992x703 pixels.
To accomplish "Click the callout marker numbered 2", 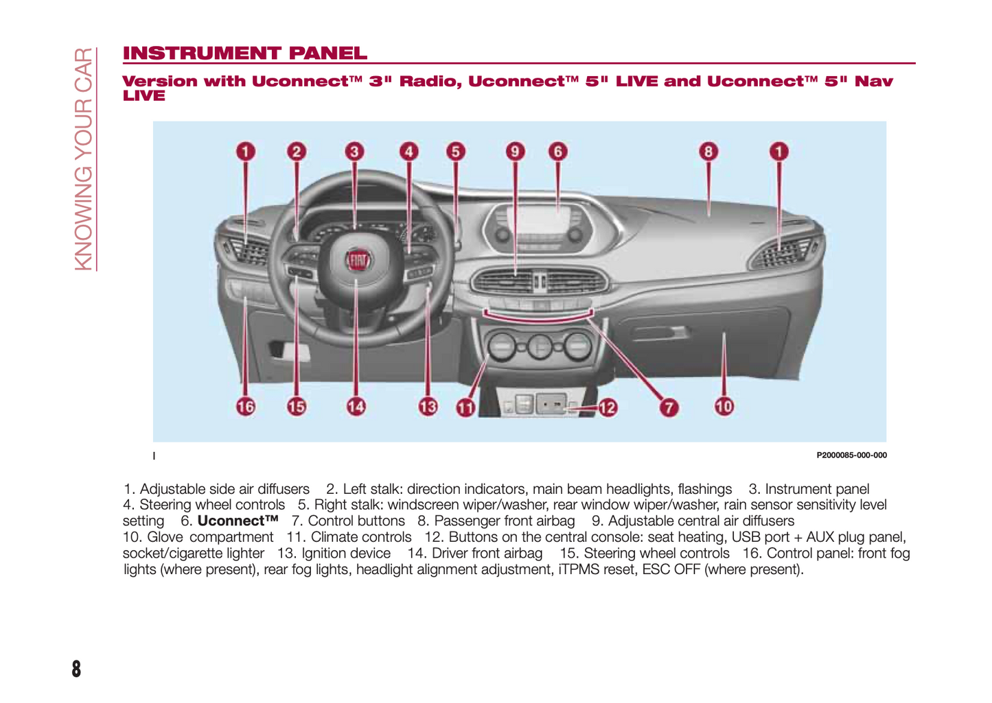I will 296,152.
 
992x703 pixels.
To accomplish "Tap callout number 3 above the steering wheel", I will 354,152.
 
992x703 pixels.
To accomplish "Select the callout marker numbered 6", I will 557,152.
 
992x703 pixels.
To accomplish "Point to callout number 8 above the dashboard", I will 708,152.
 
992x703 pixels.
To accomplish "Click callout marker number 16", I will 245,407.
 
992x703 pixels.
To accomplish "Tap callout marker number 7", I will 669,407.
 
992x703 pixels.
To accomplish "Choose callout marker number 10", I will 724,407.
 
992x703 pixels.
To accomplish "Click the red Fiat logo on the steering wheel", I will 357,261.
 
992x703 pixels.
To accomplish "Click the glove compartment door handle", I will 659,333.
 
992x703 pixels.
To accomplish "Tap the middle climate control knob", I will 540,347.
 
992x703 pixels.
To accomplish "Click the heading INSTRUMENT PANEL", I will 245,53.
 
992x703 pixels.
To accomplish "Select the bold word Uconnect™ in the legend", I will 238,521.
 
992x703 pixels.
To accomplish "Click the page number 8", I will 76,669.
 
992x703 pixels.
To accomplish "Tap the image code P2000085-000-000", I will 851,455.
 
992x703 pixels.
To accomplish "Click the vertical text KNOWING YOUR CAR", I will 83,159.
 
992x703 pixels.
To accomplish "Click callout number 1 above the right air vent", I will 778,152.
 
